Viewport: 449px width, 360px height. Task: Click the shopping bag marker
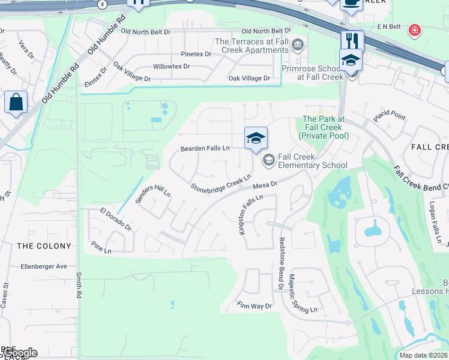(x=16, y=102)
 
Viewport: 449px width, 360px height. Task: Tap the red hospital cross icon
(x=414, y=30)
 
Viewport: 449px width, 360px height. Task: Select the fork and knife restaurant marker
(x=352, y=40)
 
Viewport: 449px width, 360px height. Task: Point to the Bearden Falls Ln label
(x=205, y=148)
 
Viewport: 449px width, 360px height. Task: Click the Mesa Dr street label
(x=265, y=185)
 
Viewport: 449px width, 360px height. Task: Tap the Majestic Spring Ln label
(x=301, y=294)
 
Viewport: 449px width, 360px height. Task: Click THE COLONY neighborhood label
(x=44, y=246)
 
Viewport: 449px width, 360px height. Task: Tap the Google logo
(x=19, y=353)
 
